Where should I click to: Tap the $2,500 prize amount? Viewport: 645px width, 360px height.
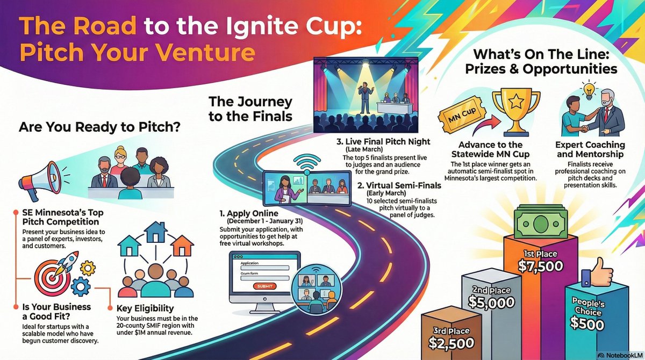tap(451, 342)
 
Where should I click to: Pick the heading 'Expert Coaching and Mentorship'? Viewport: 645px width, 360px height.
tap(590, 150)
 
